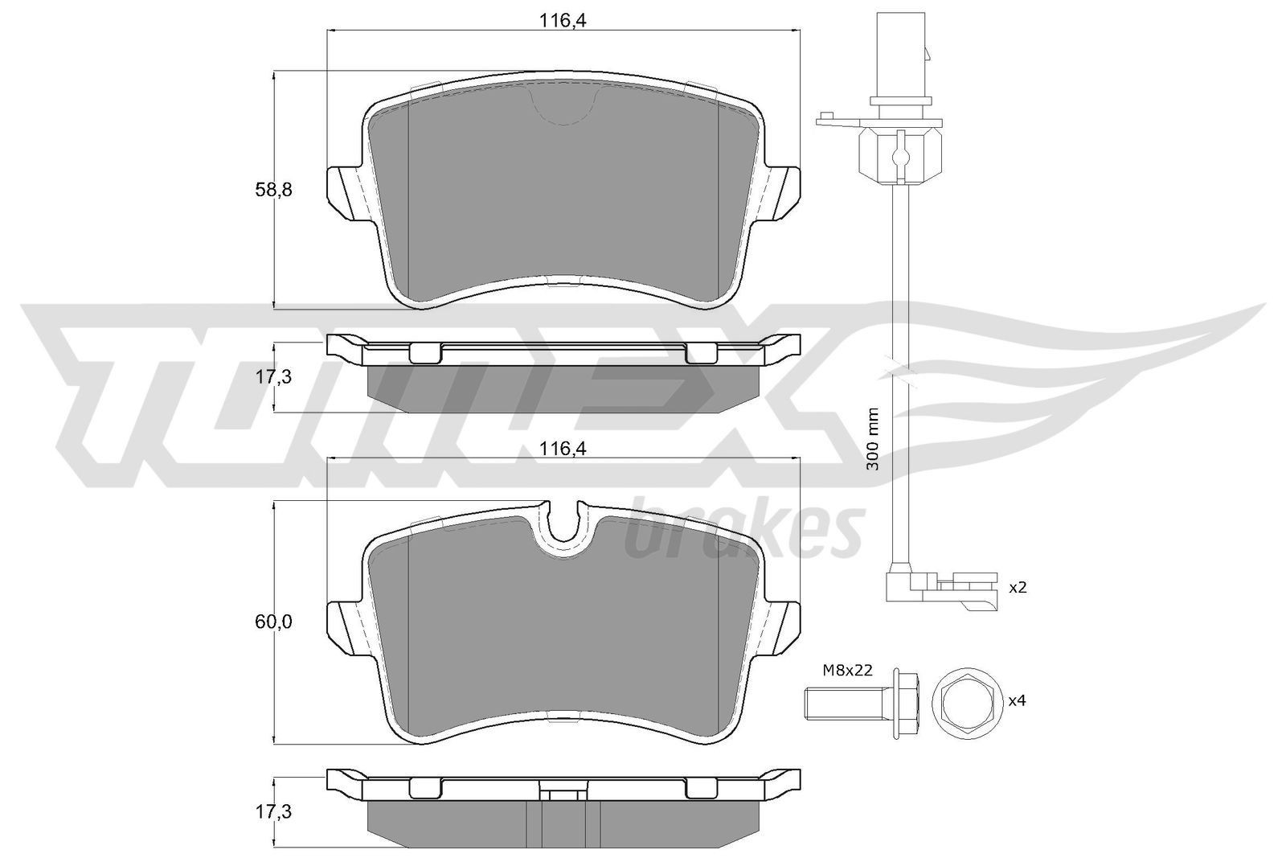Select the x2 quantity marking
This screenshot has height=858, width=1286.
(1018, 587)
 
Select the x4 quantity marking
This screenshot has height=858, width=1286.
(1018, 700)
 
